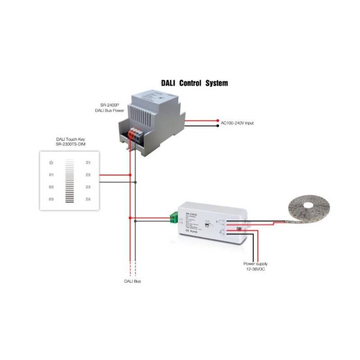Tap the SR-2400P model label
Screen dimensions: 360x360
110,105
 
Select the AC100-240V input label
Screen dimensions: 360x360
237,123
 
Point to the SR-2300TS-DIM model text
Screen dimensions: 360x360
71,144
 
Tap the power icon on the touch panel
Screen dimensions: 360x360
51,162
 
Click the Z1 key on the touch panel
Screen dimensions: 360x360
88,162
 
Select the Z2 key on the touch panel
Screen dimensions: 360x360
88,174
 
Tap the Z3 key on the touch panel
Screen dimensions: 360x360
88,187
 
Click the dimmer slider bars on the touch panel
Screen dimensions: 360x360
69,180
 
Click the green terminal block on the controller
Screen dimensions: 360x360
173,219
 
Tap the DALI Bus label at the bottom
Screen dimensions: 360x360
132,281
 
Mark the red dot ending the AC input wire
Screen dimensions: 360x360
217,121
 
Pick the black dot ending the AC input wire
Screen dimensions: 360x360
217,126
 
